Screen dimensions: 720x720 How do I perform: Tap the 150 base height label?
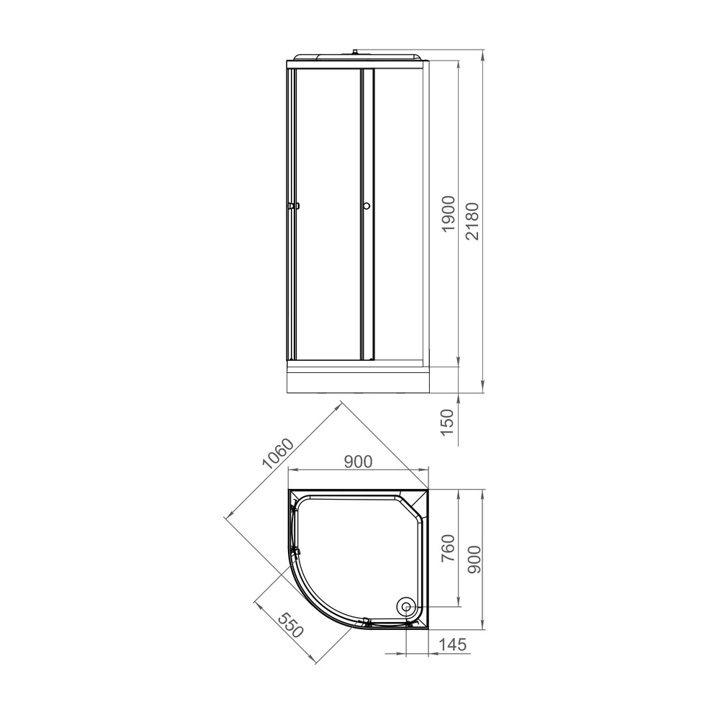pyautogui.click(x=447, y=423)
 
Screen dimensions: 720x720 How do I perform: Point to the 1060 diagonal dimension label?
pyautogui.click(x=277, y=454)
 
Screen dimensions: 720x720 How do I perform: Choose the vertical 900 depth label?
pyautogui.click(x=474, y=559)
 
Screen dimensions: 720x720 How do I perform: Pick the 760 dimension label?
pyautogui.click(x=448, y=548)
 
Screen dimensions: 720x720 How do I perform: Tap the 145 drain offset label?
pyautogui.click(x=452, y=644)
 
